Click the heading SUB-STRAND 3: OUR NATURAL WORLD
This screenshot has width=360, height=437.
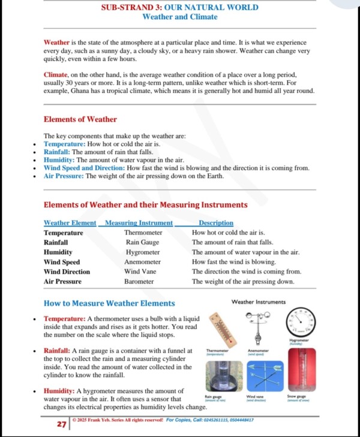[x=179, y=8]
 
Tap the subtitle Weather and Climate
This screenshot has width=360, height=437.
[x=179, y=17]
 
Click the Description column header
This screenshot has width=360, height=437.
[x=216, y=223]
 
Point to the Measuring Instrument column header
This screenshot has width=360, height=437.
[x=139, y=223]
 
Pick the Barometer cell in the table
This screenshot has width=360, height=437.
[x=139, y=281]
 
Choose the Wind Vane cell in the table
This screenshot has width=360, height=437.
[x=140, y=272]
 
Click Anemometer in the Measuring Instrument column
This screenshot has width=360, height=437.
[x=142, y=262]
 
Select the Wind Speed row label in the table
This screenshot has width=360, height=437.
[x=62, y=262]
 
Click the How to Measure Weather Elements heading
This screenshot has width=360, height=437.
[x=109, y=303]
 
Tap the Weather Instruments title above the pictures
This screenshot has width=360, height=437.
[x=259, y=302]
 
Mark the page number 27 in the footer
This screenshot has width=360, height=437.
[x=61, y=424]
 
